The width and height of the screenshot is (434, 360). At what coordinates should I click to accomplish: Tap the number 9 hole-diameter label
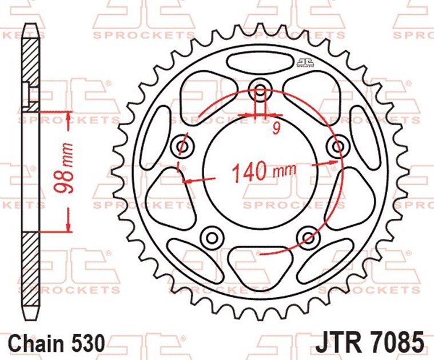pos(276,129)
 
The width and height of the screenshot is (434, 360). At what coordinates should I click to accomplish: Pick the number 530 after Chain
pos(89,343)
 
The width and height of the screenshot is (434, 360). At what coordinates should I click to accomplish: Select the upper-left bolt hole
pos(184,146)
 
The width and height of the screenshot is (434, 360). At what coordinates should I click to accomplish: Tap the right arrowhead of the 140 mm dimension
pos(333,164)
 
